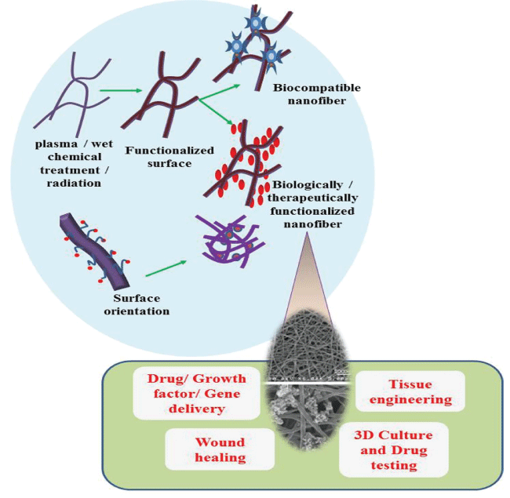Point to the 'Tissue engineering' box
tap(410, 392)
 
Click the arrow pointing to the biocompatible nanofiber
tap(221, 89)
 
